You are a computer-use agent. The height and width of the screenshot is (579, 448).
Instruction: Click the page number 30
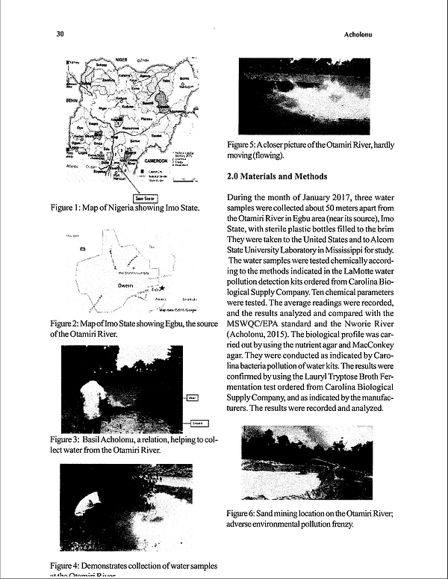60,34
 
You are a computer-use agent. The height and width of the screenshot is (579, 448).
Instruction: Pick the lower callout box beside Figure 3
200,423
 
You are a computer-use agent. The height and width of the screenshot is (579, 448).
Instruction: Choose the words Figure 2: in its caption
67,323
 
